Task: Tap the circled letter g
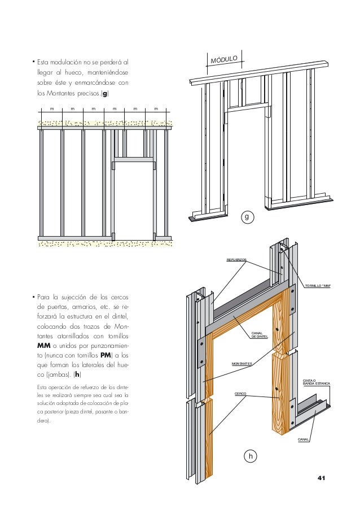point(247,216)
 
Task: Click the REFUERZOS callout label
point(236,260)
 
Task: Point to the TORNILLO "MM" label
point(317,286)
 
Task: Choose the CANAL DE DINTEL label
point(259,335)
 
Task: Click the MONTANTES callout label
point(241,364)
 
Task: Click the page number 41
point(322,479)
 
